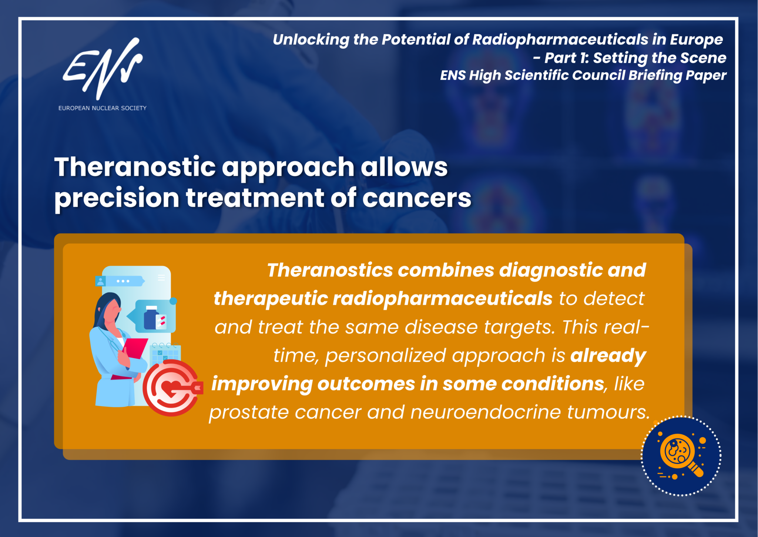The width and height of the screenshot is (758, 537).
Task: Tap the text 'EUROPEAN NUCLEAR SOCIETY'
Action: click(103, 108)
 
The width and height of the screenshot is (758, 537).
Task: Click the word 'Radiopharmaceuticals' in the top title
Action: click(560, 39)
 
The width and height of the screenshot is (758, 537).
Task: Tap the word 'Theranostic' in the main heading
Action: click(135, 167)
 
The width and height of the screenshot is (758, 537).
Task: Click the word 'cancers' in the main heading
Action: click(417, 199)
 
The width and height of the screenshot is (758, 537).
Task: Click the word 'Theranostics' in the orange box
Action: click(330, 270)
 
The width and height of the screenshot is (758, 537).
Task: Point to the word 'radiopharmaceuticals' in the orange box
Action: click(383, 299)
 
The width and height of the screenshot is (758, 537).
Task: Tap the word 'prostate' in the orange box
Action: click(249, 412)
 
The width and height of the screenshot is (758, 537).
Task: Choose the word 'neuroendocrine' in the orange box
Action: click(486, 412)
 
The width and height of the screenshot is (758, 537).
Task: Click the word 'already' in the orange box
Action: click(608, 356)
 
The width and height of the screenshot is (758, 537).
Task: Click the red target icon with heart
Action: click(172, 388)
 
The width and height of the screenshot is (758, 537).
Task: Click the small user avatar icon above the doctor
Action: click(100, 281)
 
